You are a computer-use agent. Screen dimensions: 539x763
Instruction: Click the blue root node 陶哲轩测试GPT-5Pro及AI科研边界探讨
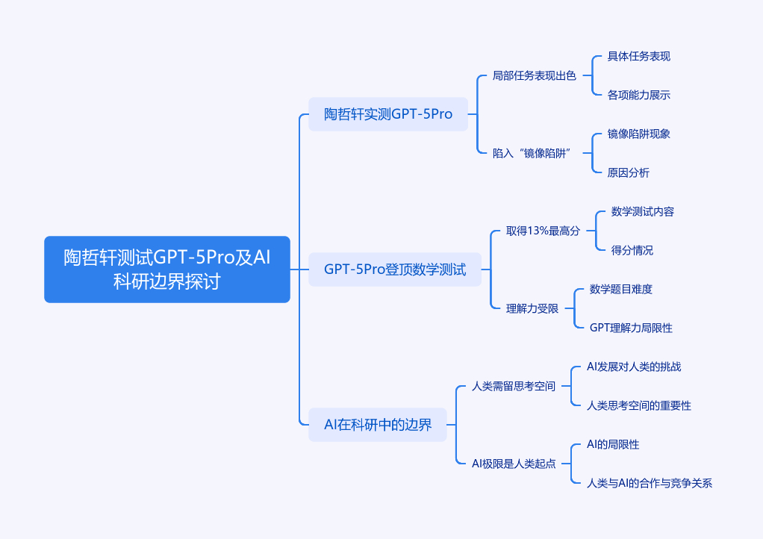[166, 269]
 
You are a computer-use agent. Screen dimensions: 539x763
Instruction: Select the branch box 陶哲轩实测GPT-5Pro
[388, 114]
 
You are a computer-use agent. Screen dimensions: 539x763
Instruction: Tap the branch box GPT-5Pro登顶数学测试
[395, 269]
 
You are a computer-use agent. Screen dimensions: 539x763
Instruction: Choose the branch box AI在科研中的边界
[378, 425]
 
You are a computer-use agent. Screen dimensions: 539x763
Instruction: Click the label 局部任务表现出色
[535, 75]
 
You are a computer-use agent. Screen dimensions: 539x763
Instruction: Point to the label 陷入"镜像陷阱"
[532, 153]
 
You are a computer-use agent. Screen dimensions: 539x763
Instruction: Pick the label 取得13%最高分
[543, 231]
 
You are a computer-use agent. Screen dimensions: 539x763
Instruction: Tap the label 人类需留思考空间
[514, 386]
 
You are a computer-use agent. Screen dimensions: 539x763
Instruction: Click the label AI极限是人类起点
[514, 464]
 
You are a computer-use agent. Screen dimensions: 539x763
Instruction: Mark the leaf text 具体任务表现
[639, 56]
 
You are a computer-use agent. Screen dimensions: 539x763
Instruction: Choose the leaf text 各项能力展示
[639, 95]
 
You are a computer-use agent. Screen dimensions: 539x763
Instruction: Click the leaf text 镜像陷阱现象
[639, 134]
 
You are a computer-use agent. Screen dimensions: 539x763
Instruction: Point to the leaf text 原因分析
[629, 172]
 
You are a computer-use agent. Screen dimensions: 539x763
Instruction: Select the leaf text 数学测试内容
[643, 211]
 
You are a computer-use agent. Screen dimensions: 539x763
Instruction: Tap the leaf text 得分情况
[632, 250]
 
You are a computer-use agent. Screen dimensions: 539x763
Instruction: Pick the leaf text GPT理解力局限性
[631, 328]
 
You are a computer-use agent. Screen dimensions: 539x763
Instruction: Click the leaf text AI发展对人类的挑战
[634, 367]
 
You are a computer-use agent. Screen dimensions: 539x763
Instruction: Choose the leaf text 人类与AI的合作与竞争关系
[650, 483]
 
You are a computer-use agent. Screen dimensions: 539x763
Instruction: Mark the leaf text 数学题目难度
[621, 289]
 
